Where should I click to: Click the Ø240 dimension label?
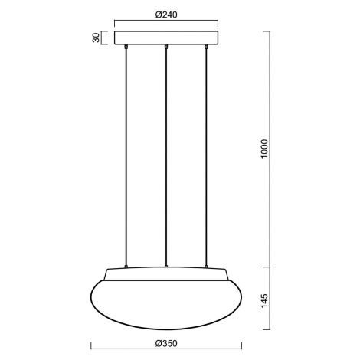[x=166, y=15]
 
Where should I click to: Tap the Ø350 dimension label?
[x=166, y=343]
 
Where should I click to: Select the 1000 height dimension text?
[x=264, y=149]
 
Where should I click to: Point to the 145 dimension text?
[x=264, y=300]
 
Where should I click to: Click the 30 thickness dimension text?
[x=96, y=38]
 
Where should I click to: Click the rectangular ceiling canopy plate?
[x=166, y=38]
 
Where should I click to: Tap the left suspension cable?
[x=126, y=156]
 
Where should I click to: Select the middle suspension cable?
[x=166, y=156]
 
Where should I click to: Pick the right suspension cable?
[x=206, y=156]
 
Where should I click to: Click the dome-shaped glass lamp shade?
[x=166, y=304]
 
